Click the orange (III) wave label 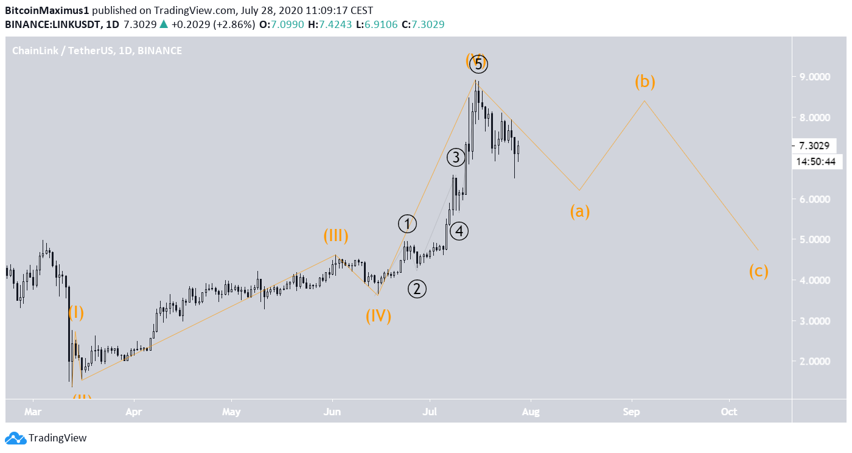tap(335, 236)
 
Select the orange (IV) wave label tap(378, 316)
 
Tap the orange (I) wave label tap(76, 313)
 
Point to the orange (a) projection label tap(579, 211)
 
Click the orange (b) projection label tap(645, 81)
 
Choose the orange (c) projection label tap(758, 271)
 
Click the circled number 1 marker tap(407, 223)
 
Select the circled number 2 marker tap(417, 289)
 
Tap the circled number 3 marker tap(456, 158)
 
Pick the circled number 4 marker tap(459, 231)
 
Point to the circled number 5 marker tap(479, 64)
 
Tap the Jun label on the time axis tap(332, 412)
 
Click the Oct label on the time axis tap(728, 412)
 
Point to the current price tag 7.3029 tap(814, 146)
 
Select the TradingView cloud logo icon tap(15, 438)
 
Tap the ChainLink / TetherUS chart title tap(72, 51)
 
